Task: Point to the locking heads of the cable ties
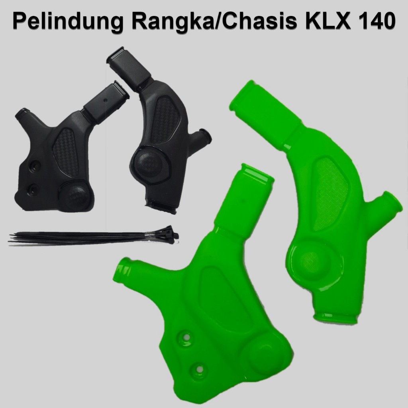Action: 169,235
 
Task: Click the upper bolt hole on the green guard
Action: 185,337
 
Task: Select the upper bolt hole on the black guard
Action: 34,164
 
